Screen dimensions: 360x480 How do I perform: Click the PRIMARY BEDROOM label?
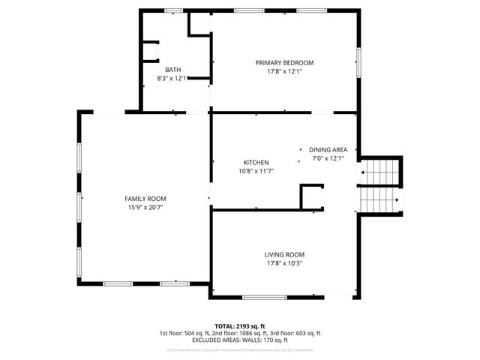tap(284, 62)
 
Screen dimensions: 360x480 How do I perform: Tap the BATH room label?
tap(173, 69)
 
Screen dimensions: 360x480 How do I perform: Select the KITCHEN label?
tap(256, 162)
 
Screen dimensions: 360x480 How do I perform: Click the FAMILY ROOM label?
tap(145, 198)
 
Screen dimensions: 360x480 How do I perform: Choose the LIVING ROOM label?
tap(284, 254)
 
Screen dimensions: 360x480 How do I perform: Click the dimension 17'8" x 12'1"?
tap(284, 71)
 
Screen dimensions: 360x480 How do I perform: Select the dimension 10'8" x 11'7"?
tap(256, 171)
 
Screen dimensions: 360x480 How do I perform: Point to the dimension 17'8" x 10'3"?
tap(284, 263)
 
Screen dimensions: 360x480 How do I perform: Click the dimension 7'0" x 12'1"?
tap(328, 158)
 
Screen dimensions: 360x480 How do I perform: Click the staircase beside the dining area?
tap(380, 185)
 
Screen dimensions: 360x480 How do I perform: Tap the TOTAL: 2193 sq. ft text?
tap(239, 325)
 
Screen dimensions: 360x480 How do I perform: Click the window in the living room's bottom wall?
tap(264, 298)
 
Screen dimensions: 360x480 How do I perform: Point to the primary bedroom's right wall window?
tap(358, 62)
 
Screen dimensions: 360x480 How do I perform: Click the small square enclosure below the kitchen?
tap(312, 198)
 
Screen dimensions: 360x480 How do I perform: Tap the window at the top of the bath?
tap(173, 10)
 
